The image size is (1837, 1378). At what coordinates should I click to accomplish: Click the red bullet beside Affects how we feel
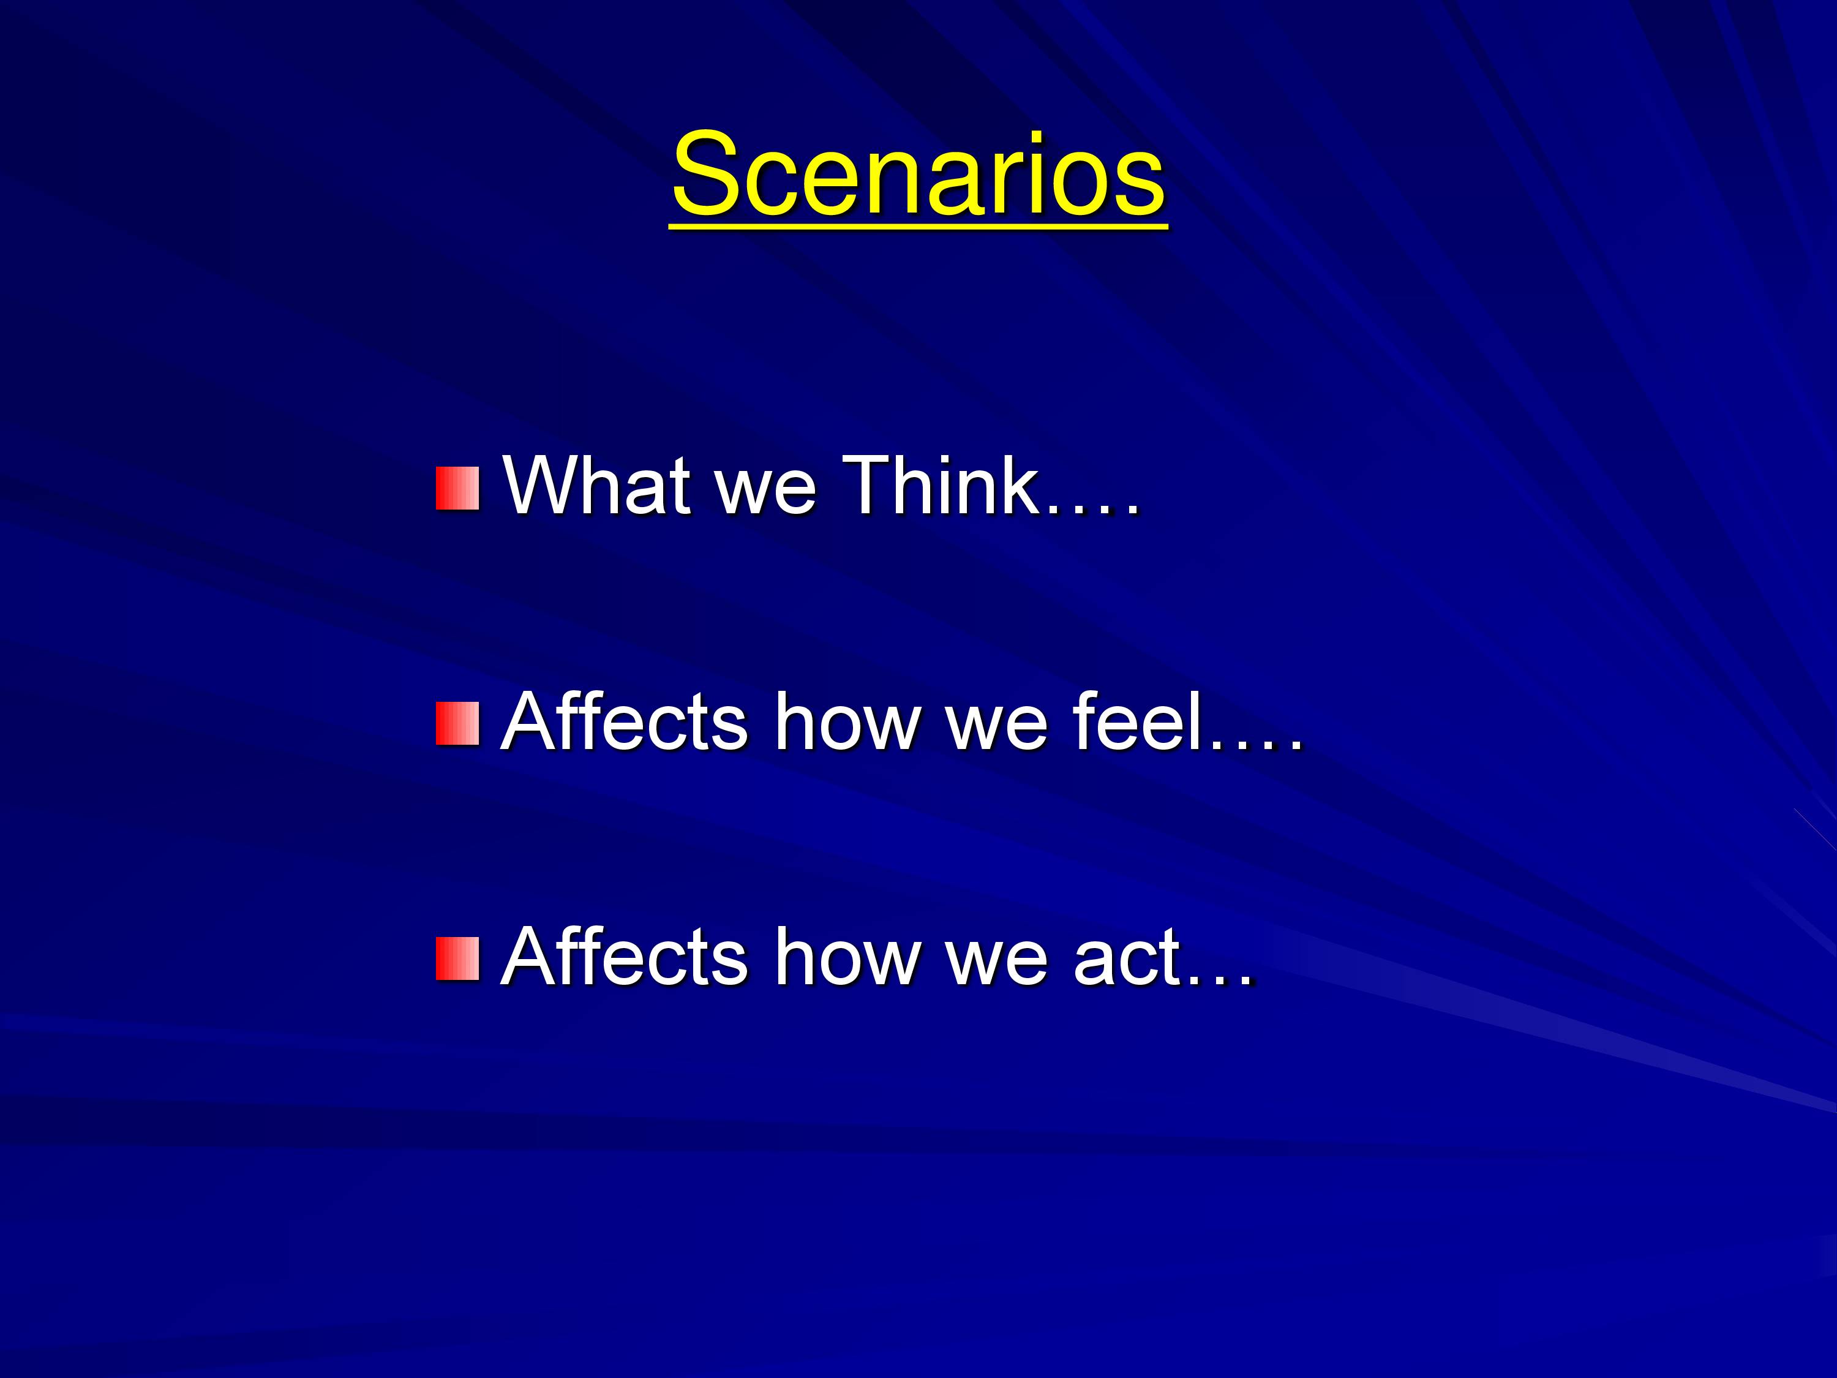click(457, 723)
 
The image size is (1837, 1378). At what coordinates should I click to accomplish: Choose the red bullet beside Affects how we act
click(457, 959)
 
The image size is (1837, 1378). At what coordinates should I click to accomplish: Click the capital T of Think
click(869, 484)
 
